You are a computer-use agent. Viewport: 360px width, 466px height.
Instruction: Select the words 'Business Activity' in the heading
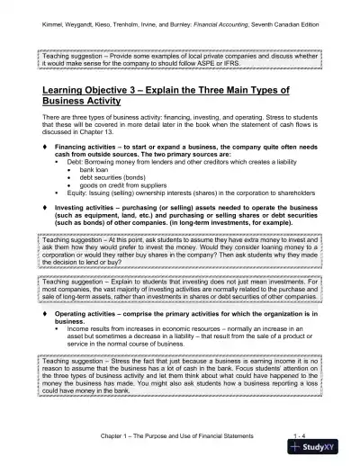click(85, 104)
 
